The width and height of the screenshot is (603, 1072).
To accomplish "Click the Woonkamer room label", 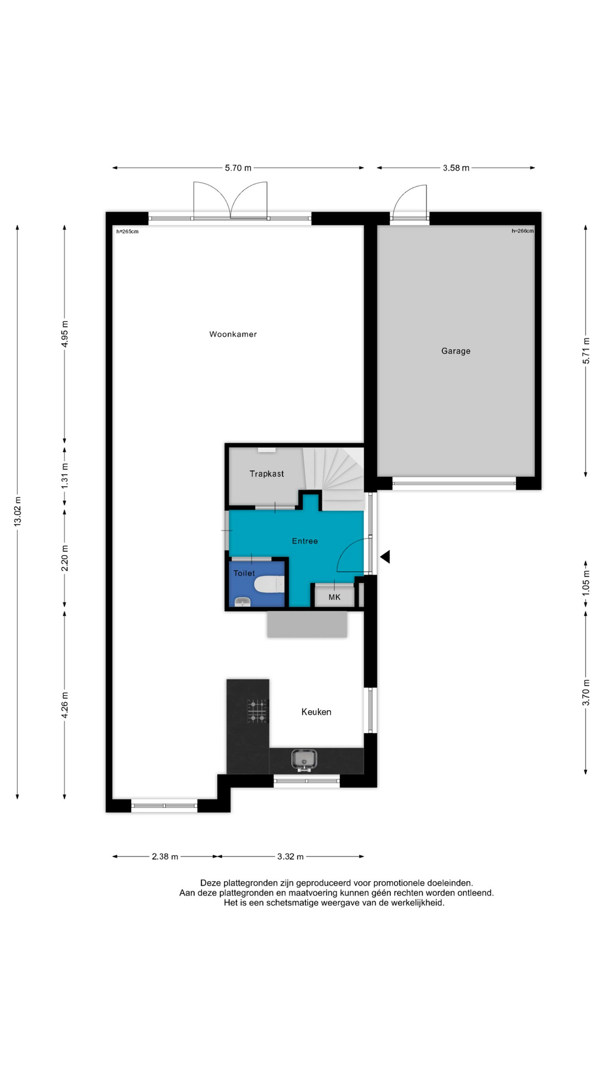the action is pos(233,334).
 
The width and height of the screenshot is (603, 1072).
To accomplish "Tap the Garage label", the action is pos(456,351).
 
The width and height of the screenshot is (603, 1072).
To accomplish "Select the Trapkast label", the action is pos(266,474).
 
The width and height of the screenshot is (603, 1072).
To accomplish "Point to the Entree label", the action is pos(305,541).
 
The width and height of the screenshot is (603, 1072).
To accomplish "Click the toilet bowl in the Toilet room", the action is pos(269,585).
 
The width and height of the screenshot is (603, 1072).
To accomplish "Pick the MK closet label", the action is pos(334,597).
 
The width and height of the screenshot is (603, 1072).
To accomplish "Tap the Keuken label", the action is pos(316,712).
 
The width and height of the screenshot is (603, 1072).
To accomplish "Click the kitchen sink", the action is pos(304,759).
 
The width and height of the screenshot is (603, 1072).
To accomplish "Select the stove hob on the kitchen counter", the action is pos(258,710).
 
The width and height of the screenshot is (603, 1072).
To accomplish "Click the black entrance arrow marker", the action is pos(385,557).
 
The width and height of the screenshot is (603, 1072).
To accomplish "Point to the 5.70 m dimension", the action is pos(238,167).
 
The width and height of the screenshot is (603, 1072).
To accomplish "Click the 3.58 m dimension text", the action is pos(456,167).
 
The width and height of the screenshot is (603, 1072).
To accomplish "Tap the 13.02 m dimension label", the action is pos(17,511).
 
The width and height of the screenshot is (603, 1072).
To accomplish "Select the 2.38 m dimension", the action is pos(165,856).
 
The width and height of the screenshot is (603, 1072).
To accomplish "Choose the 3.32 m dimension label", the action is pos(290,856).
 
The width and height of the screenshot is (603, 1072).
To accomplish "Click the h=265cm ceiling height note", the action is pos(127,231).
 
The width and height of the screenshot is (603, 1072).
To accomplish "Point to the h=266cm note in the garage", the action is pos(523,231).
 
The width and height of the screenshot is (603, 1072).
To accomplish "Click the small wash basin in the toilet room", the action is pos(242,602).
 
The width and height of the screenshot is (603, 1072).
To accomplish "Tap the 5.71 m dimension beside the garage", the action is pos(586,351).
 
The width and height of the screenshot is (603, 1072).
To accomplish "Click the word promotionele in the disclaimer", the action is pos(399,883).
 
